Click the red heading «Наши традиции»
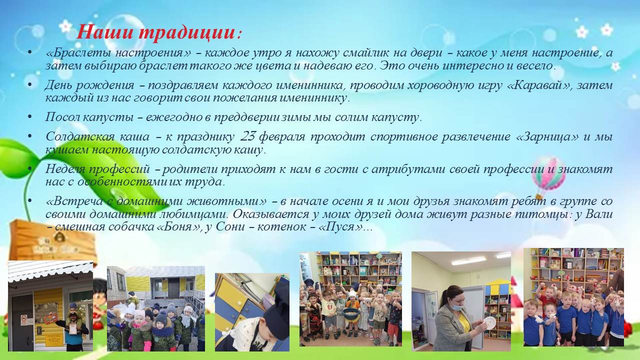tap(156, 32)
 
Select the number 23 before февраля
tap(247, 136)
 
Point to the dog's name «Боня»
tap(178, 227)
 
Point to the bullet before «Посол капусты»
tap(30, 117)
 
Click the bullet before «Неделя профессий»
tap(30, 169)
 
